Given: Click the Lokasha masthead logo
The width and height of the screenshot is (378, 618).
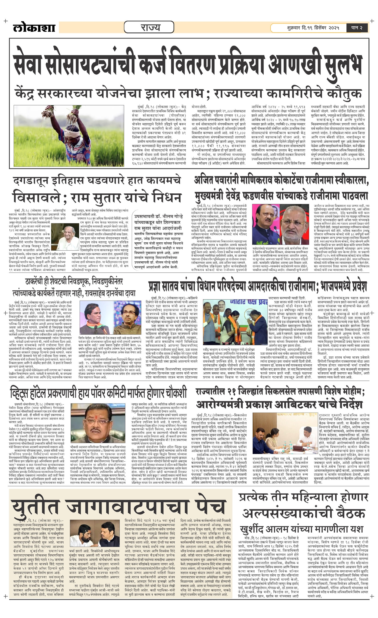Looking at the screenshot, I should [x=34, y=28].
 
